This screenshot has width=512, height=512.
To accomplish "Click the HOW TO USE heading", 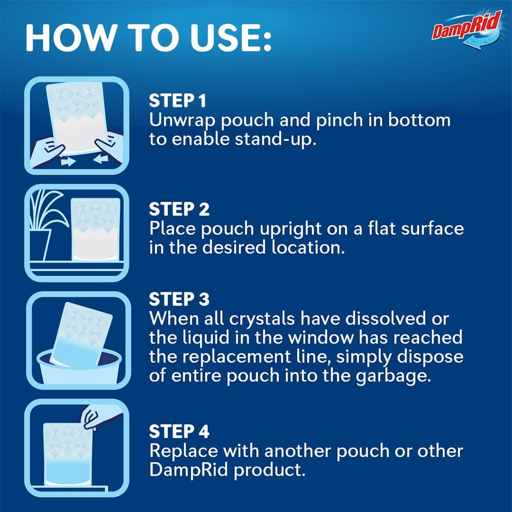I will pos(148,37).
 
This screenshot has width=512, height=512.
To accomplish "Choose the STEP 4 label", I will pos(179,432).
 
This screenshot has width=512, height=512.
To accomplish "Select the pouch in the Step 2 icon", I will pos(95,228).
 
